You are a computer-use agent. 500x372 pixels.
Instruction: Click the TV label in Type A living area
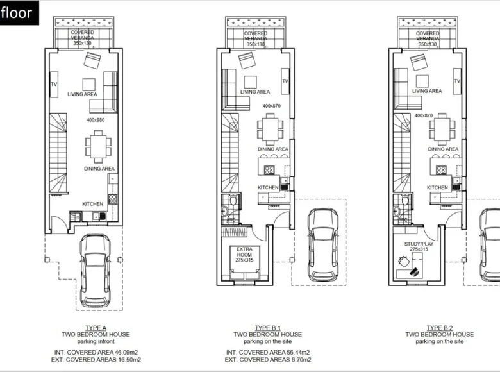pos(54,83)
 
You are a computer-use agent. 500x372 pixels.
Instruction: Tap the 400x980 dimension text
pos(96,120)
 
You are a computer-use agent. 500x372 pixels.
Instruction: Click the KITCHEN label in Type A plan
pos(92,204)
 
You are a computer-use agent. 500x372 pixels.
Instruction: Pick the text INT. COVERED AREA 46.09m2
pos(96,353)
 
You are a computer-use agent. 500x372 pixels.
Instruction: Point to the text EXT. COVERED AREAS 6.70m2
pos(267,360)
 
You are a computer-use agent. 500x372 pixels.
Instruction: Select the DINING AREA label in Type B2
pos(443,149)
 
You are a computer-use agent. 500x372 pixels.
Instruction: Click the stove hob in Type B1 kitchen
pos(269,170)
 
